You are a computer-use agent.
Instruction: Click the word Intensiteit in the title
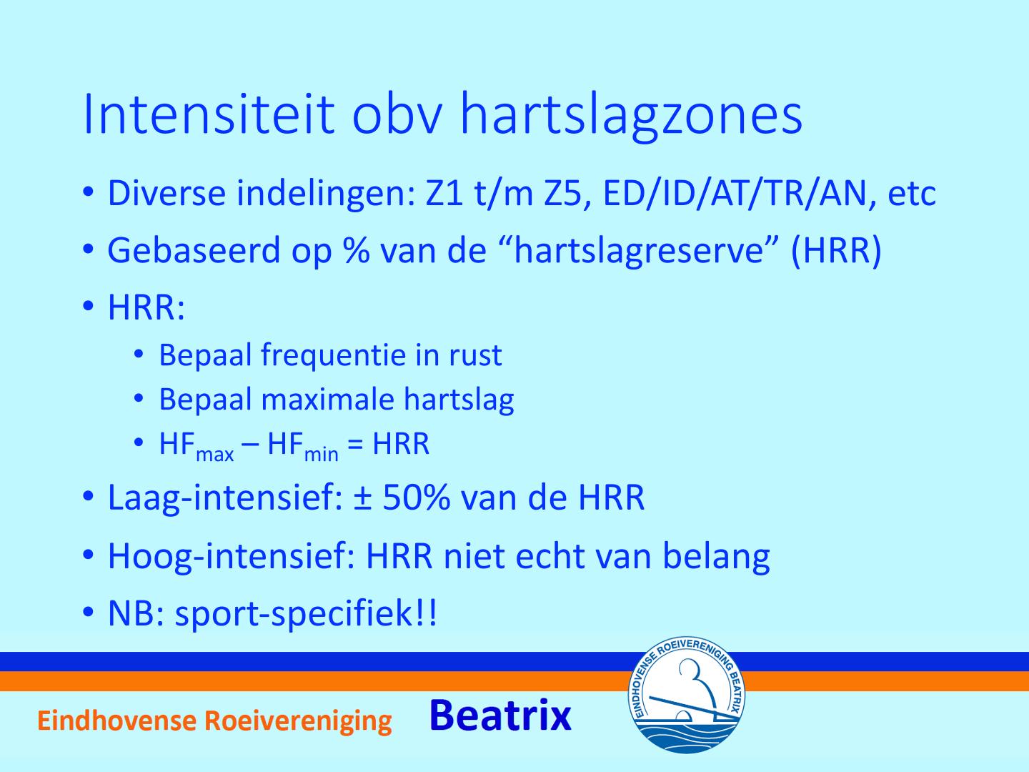[209, 115]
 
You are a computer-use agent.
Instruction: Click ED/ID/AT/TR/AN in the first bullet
[735, 193]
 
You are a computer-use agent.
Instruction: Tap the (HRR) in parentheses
[836, 252]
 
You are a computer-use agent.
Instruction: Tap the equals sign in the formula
[355, 444]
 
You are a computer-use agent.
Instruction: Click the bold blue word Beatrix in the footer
[500, 716]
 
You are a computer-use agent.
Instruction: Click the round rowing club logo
[686, 695]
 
